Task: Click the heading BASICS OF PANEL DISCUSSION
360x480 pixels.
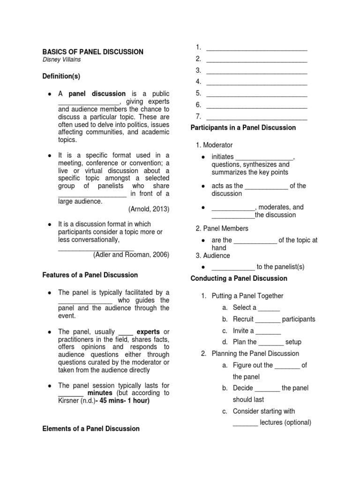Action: tap(93, 52)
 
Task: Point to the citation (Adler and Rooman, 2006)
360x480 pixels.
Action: tap(131, 255)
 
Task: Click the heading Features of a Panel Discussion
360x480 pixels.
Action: tap(90, 275)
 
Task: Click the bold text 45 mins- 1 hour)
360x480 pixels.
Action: tap(123, 401)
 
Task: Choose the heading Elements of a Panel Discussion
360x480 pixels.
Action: tap(91, 428)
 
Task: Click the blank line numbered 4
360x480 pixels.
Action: tap(256, 82)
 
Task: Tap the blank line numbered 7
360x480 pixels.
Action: tap(256, 116)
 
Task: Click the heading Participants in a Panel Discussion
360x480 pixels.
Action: tap(243, 127)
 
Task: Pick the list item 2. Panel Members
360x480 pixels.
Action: tap(222, 228)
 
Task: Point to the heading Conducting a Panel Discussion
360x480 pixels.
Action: tap(239, 278)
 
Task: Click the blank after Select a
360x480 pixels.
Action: tap(269, 308)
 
